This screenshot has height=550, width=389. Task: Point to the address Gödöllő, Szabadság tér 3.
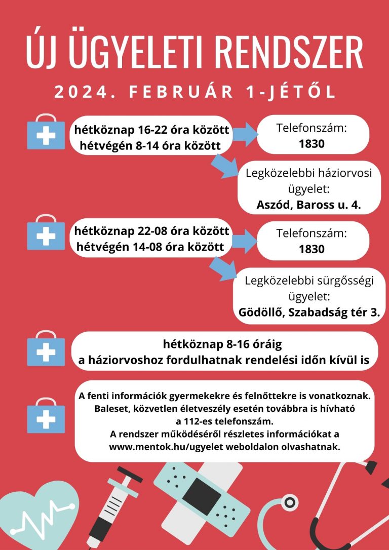click(309, 312)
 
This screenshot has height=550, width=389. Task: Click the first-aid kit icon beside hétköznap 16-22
click(46, 134)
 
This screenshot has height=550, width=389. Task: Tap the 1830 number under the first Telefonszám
click(312, 144)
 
